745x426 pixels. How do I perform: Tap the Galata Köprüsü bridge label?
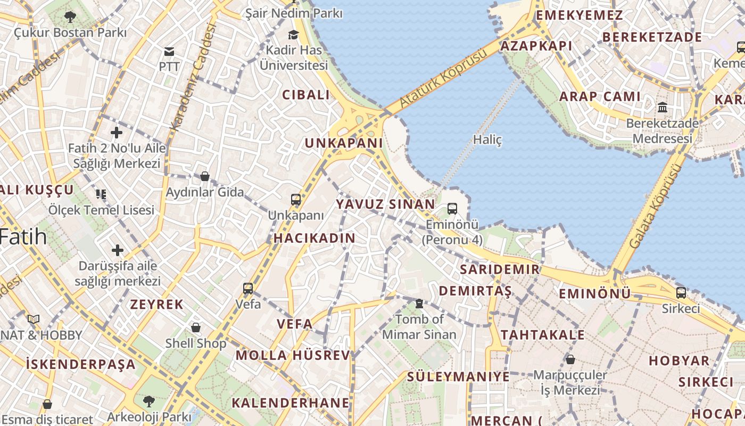(655, 206)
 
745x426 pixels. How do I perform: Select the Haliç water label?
(487, 140)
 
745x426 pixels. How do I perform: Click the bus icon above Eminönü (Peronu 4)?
(452, 208)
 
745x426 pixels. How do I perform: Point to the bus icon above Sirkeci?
(681, 292)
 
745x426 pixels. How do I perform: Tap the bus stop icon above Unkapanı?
(296, 200)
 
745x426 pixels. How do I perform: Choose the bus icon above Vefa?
(248, 289)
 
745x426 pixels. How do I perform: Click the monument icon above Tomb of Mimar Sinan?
(419, 304)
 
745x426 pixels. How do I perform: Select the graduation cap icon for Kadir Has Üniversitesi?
(293, 35)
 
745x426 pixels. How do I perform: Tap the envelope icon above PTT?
(169, 51)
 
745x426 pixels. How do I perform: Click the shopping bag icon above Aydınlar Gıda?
(205, 176)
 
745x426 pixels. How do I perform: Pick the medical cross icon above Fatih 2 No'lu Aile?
(117, 133)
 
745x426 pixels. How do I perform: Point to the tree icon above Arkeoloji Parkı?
(149, 400)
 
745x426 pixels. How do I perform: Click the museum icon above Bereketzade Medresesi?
(663, 108)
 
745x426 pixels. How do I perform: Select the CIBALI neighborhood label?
(306, 95)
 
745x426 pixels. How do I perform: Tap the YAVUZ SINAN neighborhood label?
(386, 204)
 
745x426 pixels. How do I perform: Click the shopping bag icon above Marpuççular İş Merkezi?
(570, 359)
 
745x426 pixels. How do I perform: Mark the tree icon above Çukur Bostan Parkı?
(70, 17)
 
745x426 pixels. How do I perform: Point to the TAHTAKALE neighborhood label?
(543, 335)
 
